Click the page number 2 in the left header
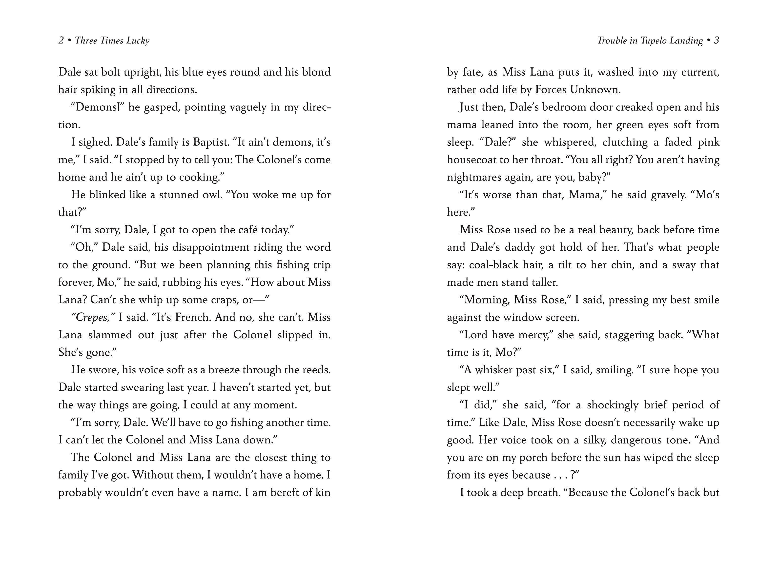tap(61, 41)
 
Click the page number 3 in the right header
tap(716, 41)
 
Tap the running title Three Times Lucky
tap(112, 41)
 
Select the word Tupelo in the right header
tap(655, 41)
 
